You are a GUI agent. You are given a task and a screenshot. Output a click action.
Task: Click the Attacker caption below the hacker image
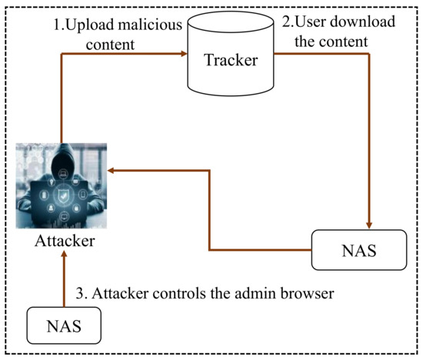(x=65, y=240)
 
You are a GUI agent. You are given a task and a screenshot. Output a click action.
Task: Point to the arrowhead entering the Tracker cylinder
(x=184, y=54)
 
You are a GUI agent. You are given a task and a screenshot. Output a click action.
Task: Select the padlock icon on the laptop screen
(x=46, y=198)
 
